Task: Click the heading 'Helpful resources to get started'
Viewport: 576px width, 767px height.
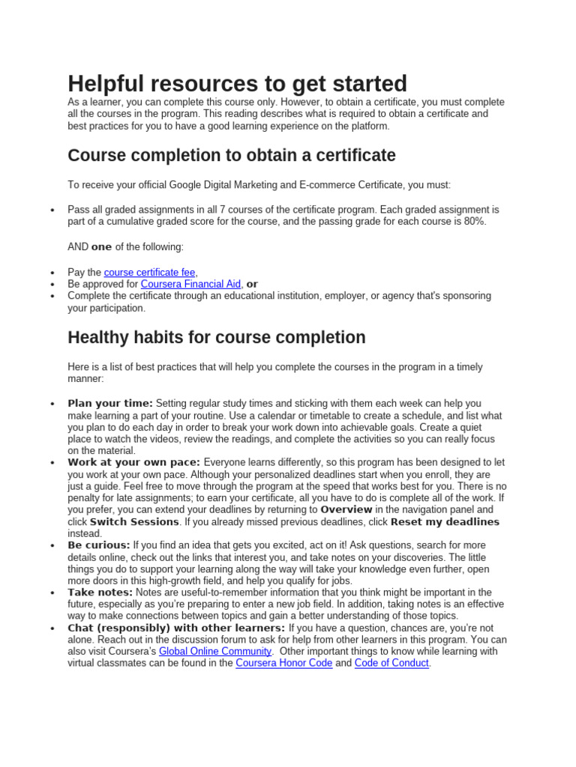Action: pyautogui.click(x=237, y=83)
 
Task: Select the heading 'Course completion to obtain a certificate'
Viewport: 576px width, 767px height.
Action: pyautogui.click(x=231, y=155)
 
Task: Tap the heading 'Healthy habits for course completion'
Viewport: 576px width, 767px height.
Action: pyautogui.click(x=216, y=337)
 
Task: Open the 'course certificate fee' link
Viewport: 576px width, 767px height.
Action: pyautogui.click(x=149, y=273)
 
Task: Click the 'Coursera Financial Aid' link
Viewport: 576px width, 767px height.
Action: pyautogui.click(x=190, y=284)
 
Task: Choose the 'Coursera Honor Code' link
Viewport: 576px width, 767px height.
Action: pyautogui.click(x=283, y=663)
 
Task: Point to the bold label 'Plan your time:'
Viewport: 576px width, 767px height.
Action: pyautogui.click(x=110, y=404)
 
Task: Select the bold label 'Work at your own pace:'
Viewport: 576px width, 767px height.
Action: pyautogui.click(x=133, y=463)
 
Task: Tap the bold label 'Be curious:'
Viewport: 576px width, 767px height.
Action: pyautogui.click(x=99, y=545)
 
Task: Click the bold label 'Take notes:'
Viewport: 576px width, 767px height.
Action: pyautogui.click(x=99, y=592)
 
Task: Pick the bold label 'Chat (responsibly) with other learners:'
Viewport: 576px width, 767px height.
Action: pyautogui.click(x=176, y=628)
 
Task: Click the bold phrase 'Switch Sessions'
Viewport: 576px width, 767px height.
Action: pyautogui.click(x=134, y=522)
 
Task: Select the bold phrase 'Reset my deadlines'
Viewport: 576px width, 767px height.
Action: pyautogui.click(x=445, y=522)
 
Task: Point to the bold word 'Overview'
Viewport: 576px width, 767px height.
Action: pyautogui.click(x=346, y=510)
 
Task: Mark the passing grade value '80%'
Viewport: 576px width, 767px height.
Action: pyautogui.click(x=474, y=222)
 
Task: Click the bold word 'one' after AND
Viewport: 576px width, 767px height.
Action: pyautogui.click(x=101, y=247)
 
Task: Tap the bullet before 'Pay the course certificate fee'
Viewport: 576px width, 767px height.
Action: pyautogui.click(x=52, y=273)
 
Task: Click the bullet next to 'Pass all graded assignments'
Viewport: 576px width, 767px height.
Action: pyautogui.click(x=52, y=210)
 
